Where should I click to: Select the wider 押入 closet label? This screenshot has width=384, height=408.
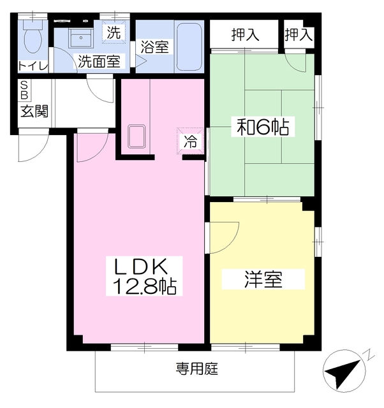tap(245, 34)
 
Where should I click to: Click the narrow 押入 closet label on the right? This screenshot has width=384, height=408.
tap(299, 34)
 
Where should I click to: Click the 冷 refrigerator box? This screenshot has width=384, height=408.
tap(191, 142)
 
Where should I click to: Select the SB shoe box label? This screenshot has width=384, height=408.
tap(24, 90)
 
